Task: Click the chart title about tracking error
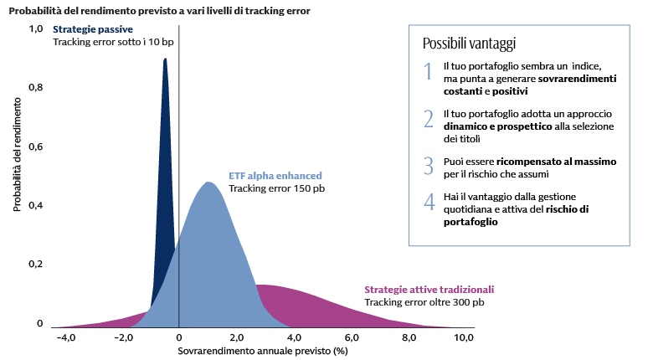pos(158,11)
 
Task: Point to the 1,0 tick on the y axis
pos(36,28)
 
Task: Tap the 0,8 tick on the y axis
pos(36,87)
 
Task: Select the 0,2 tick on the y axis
pos(36,264)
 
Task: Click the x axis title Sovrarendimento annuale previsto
pos(262,352)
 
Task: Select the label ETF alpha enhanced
pos(275,176)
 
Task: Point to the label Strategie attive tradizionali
pos(429,289)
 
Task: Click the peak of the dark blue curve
pos(165,59)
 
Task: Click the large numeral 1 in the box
pos(428,72)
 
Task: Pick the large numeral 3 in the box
pos(428,166)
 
